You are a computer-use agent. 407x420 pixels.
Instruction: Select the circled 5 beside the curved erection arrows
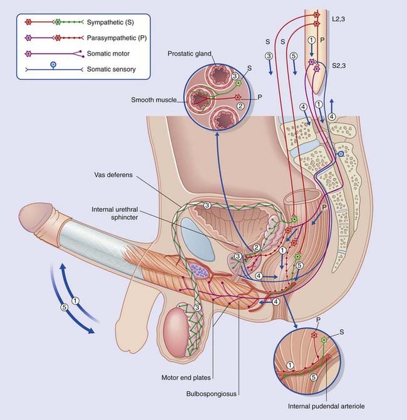coord(64,307)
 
